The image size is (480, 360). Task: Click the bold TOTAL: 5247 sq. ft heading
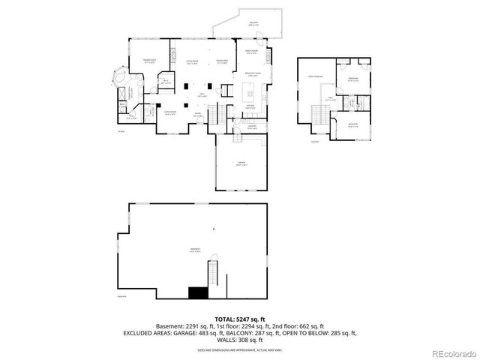(239, 319)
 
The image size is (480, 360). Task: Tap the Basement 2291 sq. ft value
(182, 326)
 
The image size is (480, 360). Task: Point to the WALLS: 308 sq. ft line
(239, 339)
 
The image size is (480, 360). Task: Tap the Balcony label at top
(253, 24)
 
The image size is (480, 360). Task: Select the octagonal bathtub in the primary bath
(121, 78)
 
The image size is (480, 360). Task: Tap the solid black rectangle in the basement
(198, 293)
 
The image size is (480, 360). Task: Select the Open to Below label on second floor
(313, 76)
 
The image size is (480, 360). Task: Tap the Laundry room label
(253, 127)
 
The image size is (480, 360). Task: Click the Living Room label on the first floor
(192, 61)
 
